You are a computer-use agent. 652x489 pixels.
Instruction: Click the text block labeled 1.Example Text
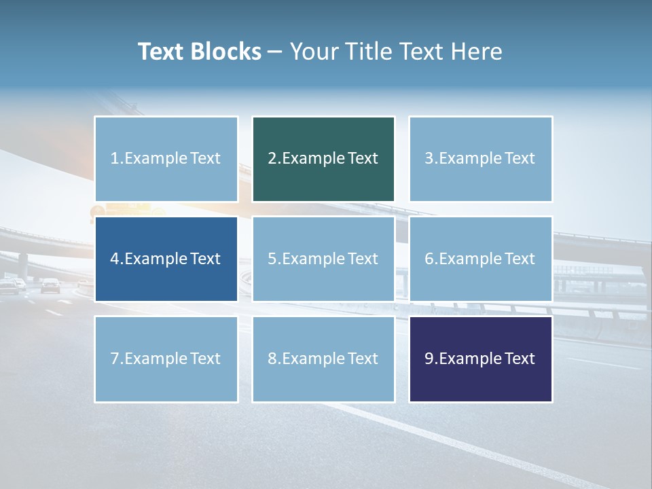click(166, 159)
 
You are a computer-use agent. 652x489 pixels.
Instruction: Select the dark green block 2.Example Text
click(323, 159)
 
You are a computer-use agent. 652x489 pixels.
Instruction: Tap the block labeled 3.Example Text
click(480, 159)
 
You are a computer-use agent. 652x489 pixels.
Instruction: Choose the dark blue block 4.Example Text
click(166, 259)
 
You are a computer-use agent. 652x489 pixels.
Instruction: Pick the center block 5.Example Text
click(323, 259)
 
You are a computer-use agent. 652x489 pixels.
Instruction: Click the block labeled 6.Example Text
click(480, 259)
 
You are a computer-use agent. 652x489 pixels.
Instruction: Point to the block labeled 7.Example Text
click(166, 359)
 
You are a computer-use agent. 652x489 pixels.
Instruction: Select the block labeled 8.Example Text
click(323, 359)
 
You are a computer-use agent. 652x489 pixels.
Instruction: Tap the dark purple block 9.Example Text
click(480, 359)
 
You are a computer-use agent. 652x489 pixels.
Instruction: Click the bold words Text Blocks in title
click(199, 52)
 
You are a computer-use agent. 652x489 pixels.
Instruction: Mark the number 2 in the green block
click(272, 159)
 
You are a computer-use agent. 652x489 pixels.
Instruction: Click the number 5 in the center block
click(272, 259)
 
